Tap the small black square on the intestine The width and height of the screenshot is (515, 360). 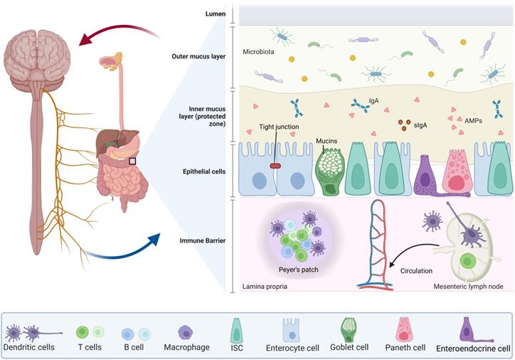tap(132, 162)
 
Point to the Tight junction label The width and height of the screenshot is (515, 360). tap(279, 127)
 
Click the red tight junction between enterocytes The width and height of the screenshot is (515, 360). tap(275, 166)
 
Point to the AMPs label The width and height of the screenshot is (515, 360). tap(472, 121)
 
